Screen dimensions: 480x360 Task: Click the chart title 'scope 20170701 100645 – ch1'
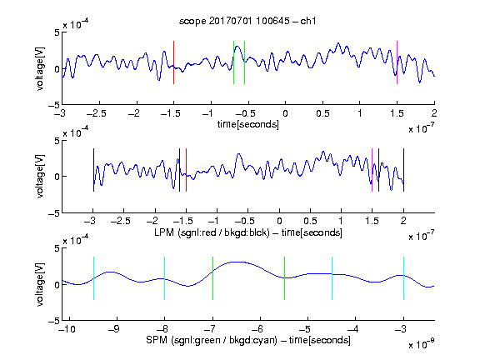click(x=247, y=21)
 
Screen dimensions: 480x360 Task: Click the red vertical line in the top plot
click(x=174, y=62)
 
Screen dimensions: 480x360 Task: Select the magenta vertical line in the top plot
click(x=397, y=62)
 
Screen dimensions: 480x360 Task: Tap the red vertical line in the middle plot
click(x=186, y=170)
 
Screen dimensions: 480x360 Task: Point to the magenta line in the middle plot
click(x=372, y=170)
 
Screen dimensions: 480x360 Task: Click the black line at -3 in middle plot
click(x=93, y=170)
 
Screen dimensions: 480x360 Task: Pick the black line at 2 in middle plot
click(x=404, y=170)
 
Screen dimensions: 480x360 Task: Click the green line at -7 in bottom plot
click(x=212, y=278)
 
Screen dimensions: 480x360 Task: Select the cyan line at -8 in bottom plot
click(x=165, y=278)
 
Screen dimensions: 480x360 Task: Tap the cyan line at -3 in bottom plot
click(x=404, y=278)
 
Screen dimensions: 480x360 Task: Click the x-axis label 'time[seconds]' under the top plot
click(x=248, y=125)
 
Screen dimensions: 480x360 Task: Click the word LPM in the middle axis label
click(x=164, y=232)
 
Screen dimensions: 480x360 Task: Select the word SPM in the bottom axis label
click(x=157, y=340)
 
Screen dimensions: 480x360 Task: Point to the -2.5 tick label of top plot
click(x=97, y=113)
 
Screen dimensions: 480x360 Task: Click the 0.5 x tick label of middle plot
click(x=310, y=221)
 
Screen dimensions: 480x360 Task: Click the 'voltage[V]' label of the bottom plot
click(x=40, y=284)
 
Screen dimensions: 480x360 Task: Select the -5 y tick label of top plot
click(x=54, y=105)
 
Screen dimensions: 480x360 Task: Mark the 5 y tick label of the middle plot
click(x=57, y=141)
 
